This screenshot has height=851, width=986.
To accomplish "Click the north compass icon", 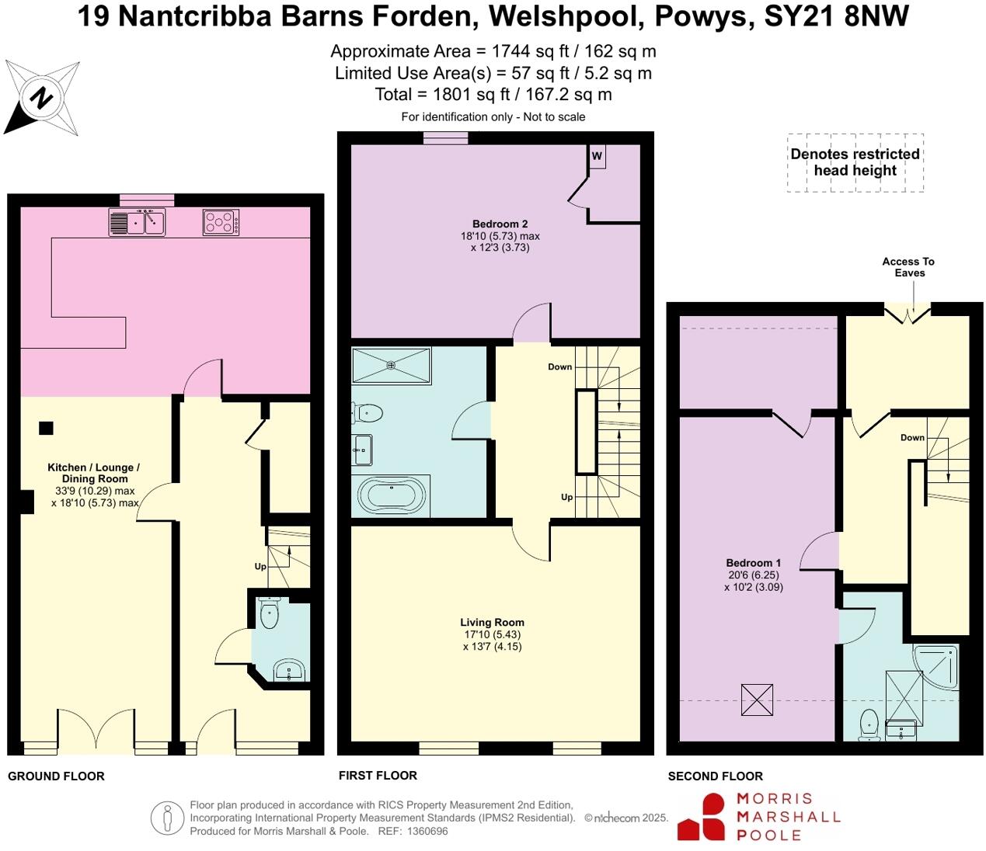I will click(42, 99).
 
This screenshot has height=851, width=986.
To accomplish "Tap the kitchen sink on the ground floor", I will click(137, 222).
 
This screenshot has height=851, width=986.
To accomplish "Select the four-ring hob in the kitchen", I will click(221, 222).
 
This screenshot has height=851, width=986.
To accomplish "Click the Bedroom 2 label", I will click(500, 224).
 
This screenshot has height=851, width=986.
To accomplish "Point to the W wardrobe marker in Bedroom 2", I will click(597, 156).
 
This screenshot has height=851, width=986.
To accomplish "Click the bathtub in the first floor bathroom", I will click(392, 495).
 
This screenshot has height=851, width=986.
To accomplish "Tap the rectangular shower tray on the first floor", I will click(391, 365).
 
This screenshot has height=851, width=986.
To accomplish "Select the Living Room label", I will click(492, 622).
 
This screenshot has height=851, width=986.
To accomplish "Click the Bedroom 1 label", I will click(754, 563).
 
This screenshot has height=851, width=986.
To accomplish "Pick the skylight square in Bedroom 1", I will click(757, 700).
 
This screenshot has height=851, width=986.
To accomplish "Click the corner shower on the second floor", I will click(938, 664).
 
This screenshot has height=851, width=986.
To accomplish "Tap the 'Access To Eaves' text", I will click(908, 267).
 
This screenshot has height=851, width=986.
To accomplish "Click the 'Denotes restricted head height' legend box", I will click(855, 162).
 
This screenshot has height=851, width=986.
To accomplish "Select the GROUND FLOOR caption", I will click(56, 776).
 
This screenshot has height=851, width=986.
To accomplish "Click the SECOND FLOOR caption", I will click(715, 776).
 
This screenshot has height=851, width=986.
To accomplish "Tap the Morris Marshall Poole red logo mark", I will click(701, 817).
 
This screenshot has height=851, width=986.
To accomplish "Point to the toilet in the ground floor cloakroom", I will click(270, 613).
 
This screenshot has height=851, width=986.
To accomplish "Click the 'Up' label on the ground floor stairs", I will click(260, 567).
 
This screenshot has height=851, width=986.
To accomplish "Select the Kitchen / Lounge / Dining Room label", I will click(93, 473).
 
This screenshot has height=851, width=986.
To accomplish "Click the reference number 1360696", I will click(426, 831).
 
